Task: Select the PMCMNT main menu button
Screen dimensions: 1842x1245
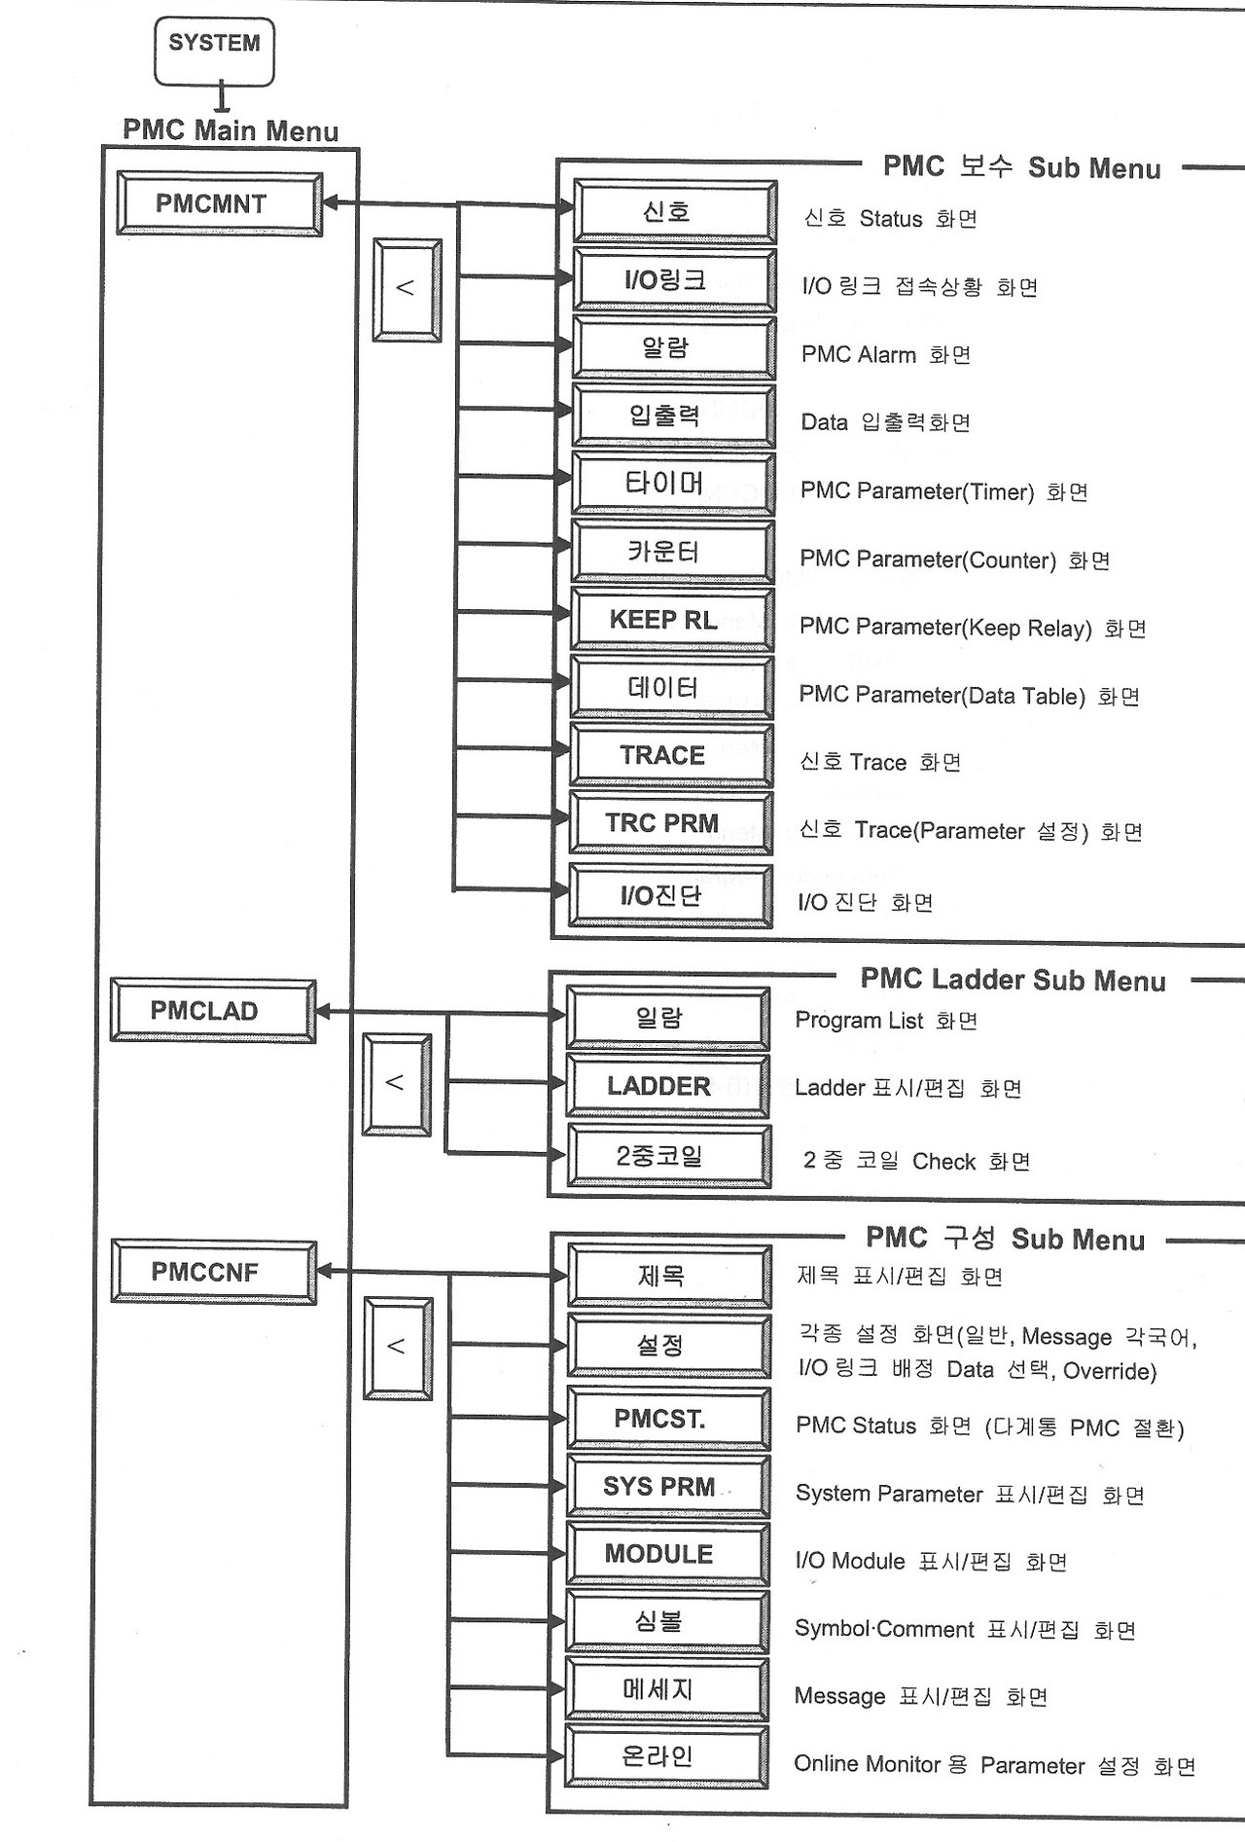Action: click(x=219, y=204)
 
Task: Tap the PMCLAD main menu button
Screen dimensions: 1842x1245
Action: click(x=212, y=1011)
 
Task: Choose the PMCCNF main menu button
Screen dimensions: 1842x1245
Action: click(x=213, y=1272)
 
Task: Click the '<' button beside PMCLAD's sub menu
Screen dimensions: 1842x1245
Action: click(x=396, y=1083)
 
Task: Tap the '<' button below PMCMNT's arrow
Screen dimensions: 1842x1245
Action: click(x=407, y=289)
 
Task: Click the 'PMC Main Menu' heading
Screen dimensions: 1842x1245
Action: click(x=231, y=130)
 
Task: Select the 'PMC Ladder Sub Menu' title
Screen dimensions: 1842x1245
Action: click(x=1013, y=980)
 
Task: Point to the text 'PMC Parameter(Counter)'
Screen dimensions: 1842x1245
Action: click(x=927, y=560)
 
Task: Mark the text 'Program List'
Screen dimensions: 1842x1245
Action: click(x=859, y=1021)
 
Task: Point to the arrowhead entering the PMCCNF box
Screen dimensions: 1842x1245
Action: click(x=326, y=1271)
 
